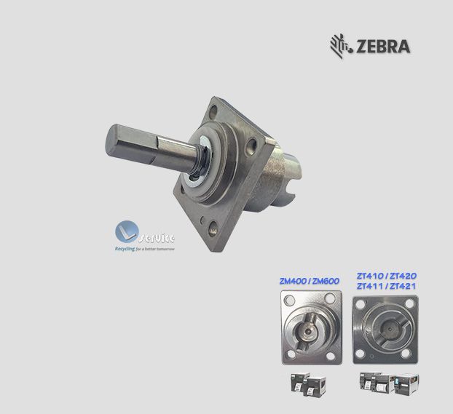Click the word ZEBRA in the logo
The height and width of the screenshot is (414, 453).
pyautogui.click(x=383, y=46)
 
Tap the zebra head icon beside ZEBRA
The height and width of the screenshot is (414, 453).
pyautogui.click(x=340, y=44)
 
